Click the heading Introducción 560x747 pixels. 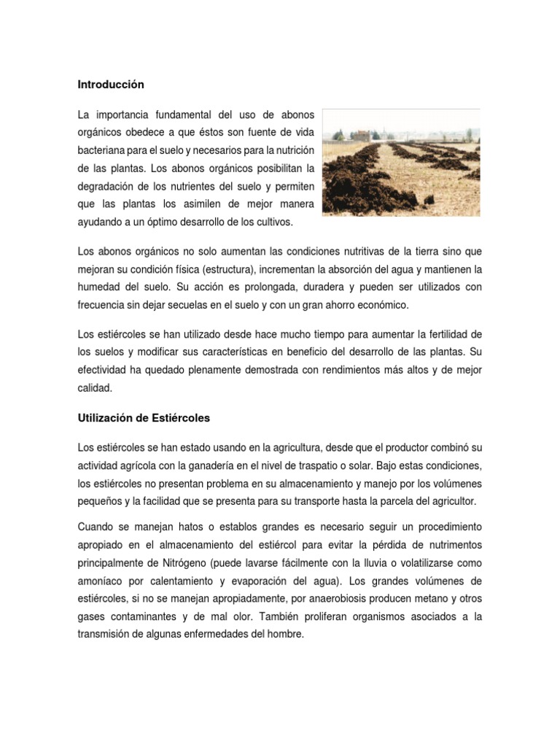click(x=111, y=85)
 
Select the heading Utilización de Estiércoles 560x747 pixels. click(x=144, y=418)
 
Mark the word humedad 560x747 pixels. click(x=99, y=287)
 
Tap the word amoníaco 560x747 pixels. click(x=103, y=581)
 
